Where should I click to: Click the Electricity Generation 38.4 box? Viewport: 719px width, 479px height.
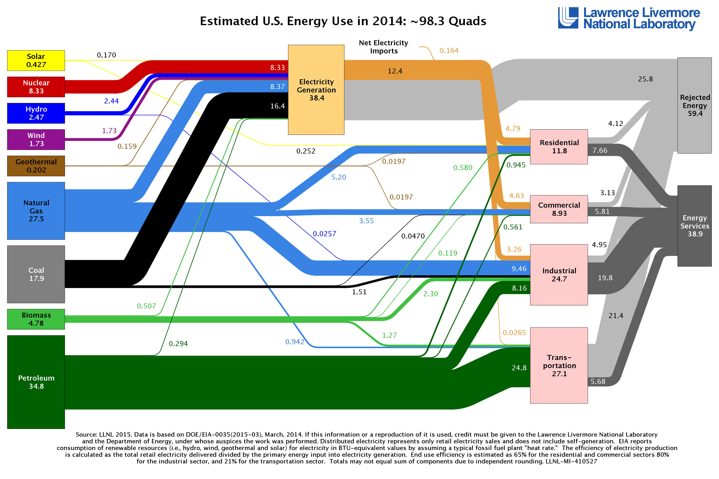pos(316,90)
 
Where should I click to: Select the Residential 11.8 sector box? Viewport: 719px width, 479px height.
pos(559,147)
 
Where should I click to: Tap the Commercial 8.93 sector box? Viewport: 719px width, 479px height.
pos(559,209)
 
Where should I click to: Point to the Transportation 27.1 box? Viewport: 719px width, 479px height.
pos(559,365)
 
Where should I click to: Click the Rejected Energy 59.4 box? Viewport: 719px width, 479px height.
pos(695,105)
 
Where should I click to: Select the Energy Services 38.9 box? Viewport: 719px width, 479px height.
pos(695,226)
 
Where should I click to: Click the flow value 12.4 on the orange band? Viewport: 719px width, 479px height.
pos(395,71)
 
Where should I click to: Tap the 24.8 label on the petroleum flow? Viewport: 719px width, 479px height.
pos(519,368)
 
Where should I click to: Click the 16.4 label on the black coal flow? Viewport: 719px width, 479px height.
pos(277,106)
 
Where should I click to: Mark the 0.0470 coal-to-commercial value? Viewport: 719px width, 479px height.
pos(413,236)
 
